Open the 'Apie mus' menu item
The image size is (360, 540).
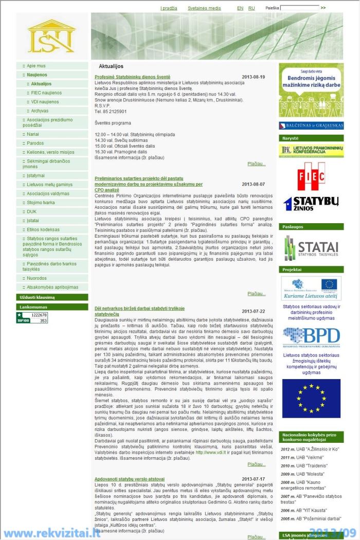(x=36, y=66)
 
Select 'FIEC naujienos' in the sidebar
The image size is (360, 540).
(x=46, y=93)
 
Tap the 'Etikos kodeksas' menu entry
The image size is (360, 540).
(x=43, y=229)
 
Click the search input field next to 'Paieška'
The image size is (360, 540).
(x=299, y=8)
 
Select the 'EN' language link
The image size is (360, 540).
(x=240, y=8)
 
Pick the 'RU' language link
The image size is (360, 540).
(x=251, y=8)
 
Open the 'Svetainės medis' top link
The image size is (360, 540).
(x=204, y=8)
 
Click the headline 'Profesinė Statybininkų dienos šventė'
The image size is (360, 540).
(x=132, y=77)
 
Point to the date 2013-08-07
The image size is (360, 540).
(x=253, y=184)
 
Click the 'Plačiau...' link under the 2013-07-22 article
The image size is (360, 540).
(x=256, y=464)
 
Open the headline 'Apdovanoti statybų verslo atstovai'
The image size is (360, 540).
(x=129, y=479)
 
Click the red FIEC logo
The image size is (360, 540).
(x=311, y=176)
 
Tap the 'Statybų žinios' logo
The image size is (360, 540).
(x=311, y=204)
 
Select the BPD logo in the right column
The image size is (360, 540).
(x=311, y=337)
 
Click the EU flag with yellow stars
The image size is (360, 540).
(x=311, y=398)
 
